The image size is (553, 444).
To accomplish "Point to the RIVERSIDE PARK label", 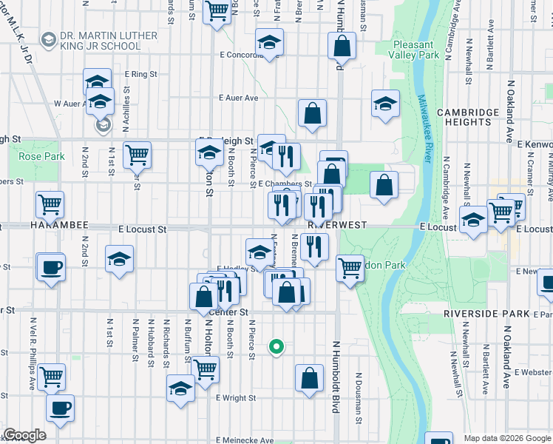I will [x=486, y=314].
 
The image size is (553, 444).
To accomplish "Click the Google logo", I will [x=24, y=435].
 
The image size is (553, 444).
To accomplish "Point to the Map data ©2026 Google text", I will [x=507, y=438].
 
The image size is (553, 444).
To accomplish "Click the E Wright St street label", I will [x=235, y=398].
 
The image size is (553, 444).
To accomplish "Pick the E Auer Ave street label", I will [x=238, y=98].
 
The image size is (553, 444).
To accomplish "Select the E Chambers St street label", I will [x=285, y=184].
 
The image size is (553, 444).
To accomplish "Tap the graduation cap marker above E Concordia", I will [x=270, y=43].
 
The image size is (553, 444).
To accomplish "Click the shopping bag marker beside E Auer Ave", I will [x=313, y=114].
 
